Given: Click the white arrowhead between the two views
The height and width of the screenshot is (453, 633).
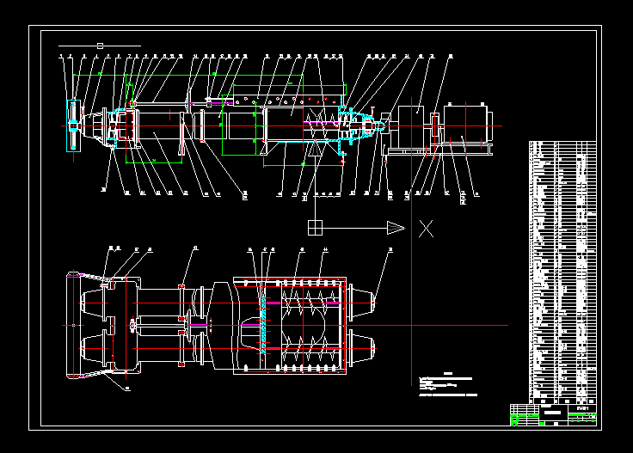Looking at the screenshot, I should (395, 227).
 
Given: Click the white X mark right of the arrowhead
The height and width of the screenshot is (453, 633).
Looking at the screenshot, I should (426, 228).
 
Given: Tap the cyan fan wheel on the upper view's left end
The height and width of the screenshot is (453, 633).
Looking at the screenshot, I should (74, 125).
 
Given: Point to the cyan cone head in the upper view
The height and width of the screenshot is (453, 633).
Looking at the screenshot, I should (370, 126).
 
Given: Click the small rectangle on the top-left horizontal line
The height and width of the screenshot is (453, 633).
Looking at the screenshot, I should (101, 45).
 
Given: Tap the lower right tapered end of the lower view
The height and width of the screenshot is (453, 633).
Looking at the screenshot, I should (366, 348).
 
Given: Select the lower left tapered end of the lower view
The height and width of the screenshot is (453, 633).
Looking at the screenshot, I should (91, 349).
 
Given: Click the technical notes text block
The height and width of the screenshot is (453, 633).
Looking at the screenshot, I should (447, 385).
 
